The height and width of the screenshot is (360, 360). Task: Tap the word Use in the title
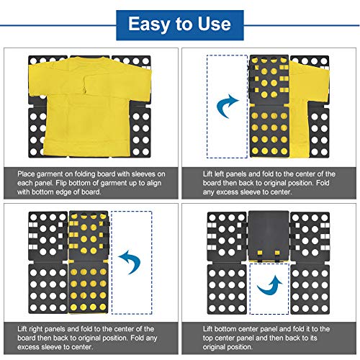(x=215, y=24)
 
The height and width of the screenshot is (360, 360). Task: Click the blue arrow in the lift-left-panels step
(x=227, y=106)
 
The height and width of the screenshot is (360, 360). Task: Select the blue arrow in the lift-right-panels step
(x=130, y=262)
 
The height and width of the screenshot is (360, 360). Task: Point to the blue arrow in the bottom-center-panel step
(x=270, y=287)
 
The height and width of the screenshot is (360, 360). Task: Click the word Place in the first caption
(x=26, y=174)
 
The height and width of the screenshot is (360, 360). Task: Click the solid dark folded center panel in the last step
(x=269, y=235)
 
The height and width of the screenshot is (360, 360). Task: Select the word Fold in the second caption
(x=323, y=183)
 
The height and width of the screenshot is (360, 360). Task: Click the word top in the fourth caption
(x=207, y=338)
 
